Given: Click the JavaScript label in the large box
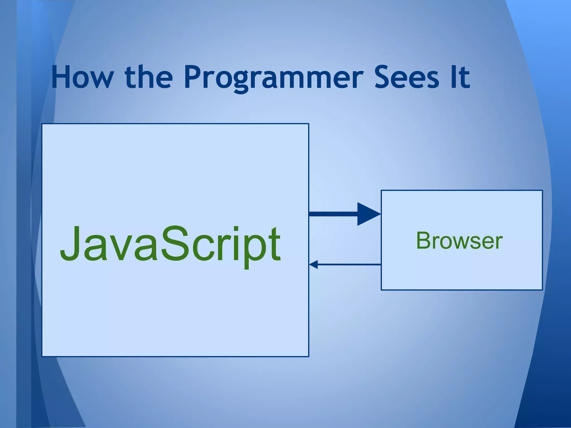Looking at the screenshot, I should (170, 244).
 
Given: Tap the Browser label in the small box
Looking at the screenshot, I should (459, 241).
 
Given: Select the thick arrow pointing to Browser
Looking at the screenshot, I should (335, 214).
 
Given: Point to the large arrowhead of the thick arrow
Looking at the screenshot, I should (367, 214).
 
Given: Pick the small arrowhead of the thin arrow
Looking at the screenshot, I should (313, 264).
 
